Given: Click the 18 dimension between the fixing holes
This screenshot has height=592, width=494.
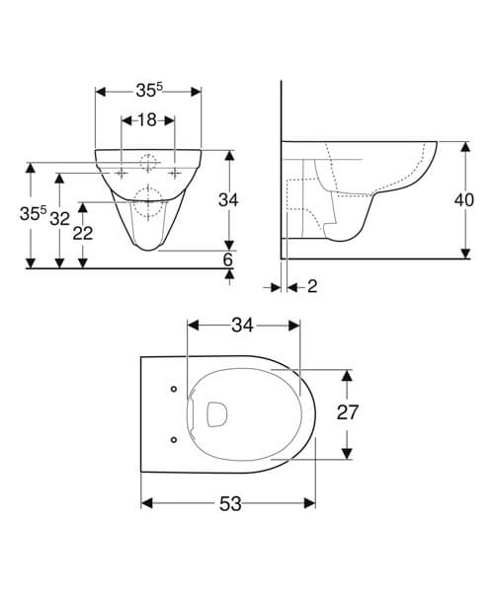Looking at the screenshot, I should [148, 119].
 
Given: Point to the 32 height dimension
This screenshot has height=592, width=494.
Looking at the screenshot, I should [60, 218].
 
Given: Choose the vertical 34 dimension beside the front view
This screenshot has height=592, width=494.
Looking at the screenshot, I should [229, 200].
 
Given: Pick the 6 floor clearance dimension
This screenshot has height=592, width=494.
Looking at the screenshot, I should [228, 259].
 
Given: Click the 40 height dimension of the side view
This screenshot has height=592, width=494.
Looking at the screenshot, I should [464, 199].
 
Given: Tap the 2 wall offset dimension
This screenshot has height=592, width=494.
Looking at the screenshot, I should [312, 286].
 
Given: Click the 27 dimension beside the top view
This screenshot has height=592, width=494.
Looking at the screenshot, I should [346, 413].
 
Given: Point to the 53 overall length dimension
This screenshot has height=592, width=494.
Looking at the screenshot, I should [229, 503].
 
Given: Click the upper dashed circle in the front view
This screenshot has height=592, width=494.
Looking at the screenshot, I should [148, 164].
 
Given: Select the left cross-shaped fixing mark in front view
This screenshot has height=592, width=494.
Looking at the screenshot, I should [122, 173].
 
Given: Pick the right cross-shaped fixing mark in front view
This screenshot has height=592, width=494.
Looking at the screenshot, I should [175, 173].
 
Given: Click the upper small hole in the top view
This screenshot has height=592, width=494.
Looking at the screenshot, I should [174, 388].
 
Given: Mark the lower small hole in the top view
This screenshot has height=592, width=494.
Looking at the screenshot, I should [174, 438].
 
